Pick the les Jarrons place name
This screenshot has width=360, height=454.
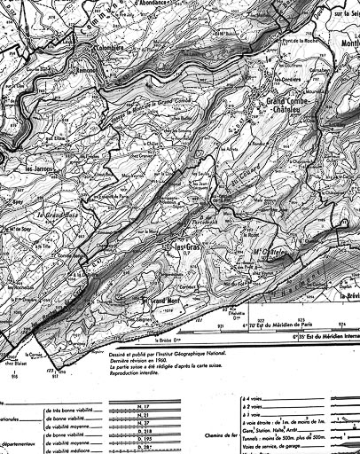pos(40,167)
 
